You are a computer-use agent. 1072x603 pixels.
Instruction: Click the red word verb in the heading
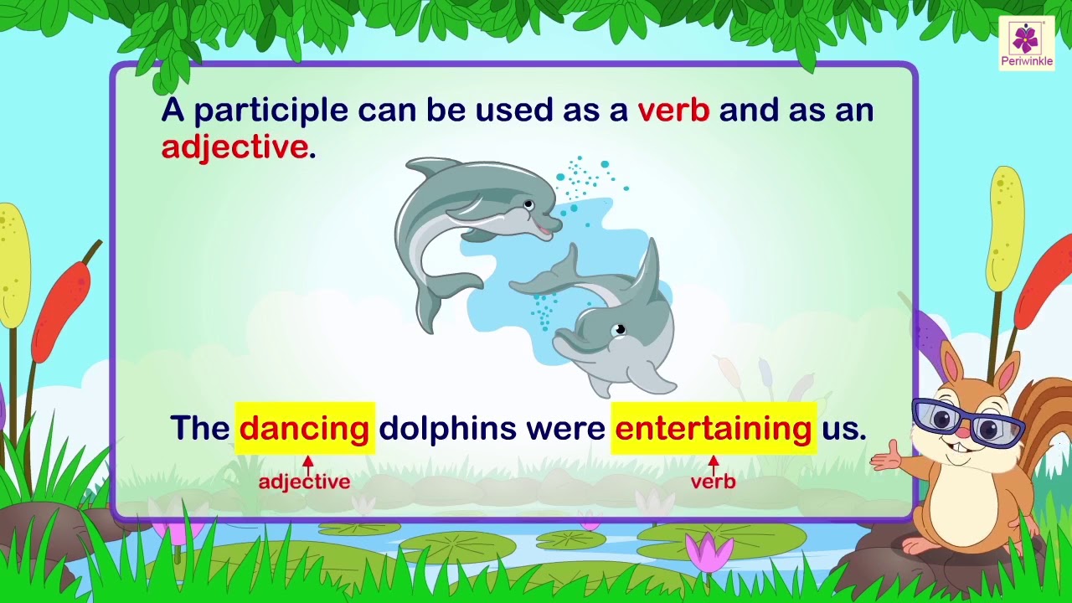[x=673, y=110]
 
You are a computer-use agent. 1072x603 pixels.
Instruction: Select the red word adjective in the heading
[x=234, y=147]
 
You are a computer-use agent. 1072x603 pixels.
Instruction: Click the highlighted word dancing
[x=304, y=428]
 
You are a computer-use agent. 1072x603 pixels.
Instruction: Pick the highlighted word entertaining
[x=713, y=428]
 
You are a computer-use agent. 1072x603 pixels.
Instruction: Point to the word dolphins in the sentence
[x=449, y=428]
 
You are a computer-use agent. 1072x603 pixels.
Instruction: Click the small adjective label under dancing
[x=304, y=482]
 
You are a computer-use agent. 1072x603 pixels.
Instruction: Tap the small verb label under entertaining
[x=713, y=482]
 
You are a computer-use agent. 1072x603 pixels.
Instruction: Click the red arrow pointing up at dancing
[x=307, y=461]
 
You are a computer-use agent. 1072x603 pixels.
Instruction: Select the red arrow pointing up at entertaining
[x=714, y=461]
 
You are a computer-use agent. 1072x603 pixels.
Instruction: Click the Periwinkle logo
[x=1026, y=43]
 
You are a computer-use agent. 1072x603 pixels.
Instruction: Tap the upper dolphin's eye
[x=528, y=204]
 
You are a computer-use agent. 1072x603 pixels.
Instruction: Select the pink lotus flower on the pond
[x=708, y=553]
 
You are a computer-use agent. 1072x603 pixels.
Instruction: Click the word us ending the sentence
[x=842, y=428]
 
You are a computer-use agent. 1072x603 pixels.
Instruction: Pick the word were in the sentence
[x=565, y=428]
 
